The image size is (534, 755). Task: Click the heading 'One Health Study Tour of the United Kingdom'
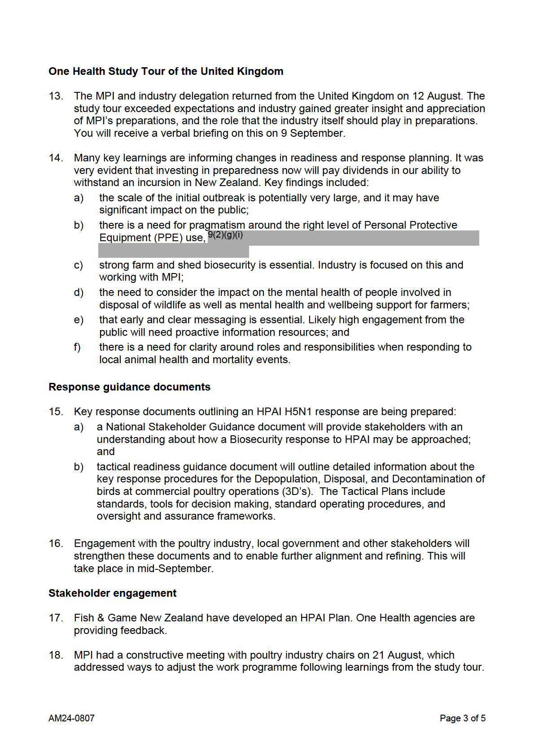point(166,71)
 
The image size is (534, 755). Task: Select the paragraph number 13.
point(56,96)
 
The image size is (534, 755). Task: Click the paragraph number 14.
point(56,158)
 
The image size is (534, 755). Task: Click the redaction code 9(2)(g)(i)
point(225,235)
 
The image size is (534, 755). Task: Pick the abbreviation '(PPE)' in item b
point(169,238)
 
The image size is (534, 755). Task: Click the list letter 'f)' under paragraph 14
point(78,347)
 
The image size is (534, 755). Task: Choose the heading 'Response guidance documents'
point(129,387)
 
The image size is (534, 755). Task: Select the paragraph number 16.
point(56,543)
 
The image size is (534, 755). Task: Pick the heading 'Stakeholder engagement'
point(112,593)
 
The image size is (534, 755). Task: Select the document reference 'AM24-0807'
point(71,718)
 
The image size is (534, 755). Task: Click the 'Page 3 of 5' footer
point(462,718)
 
